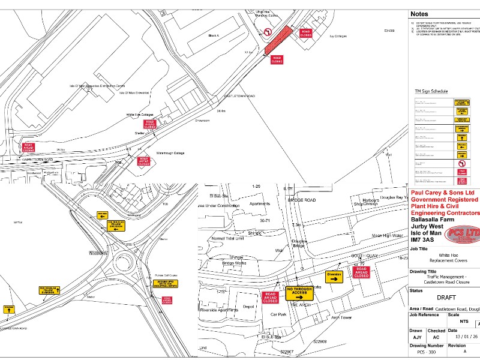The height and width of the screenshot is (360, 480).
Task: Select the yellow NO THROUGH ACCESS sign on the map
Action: [x=300, y=293]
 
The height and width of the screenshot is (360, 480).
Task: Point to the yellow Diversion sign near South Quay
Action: [x=334, y=276]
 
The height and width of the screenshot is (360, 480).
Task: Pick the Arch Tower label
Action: [x=340, y=318]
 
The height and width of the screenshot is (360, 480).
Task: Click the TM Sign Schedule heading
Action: [x=431, y=91]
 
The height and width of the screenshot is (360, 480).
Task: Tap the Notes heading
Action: [x=420, y=14]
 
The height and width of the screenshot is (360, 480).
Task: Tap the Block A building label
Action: [x=214, y=35]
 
